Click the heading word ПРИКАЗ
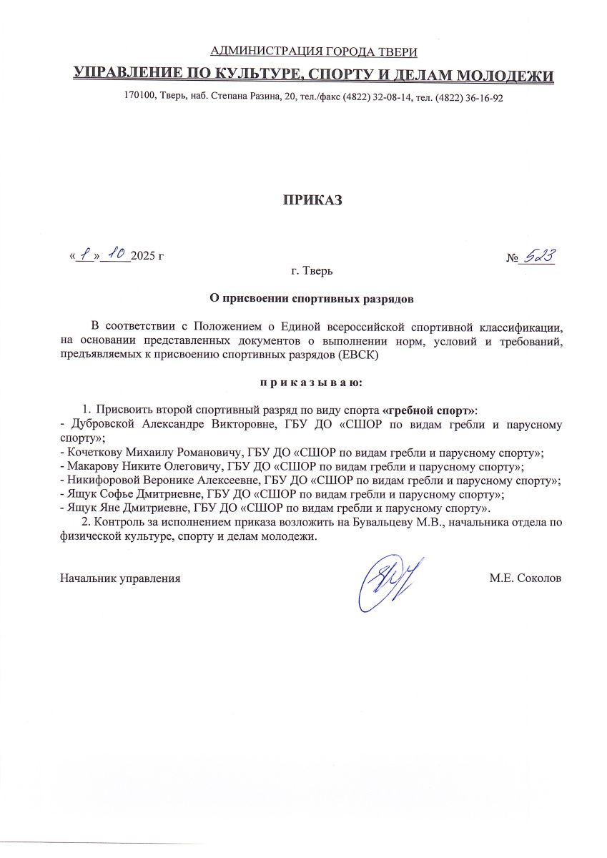tap(312, 200)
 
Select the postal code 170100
tap(139, 98)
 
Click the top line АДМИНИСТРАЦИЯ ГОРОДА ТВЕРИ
tap(314, 51)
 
